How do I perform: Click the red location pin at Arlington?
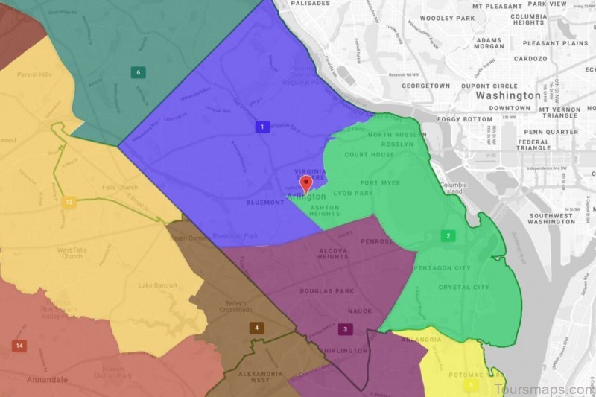point(305,184)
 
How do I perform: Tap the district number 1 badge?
point(261,127)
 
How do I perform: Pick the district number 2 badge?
point(448,236)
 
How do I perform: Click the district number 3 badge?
point(344,329)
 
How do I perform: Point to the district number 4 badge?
point(256,328)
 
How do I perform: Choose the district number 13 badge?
point(69,202)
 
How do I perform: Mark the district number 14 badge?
point(19,346)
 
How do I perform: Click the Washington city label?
point(508,95)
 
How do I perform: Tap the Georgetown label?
point(425,86)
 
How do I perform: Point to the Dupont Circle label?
point(489,86)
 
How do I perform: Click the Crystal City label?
point(463,288)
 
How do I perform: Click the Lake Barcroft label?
point(158,286)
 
